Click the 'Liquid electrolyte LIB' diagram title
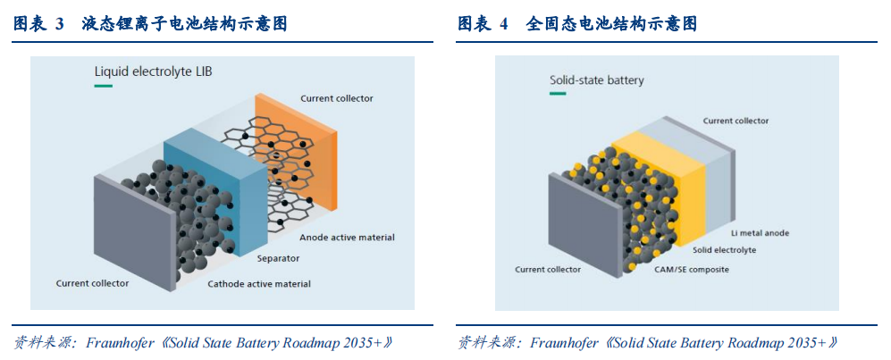pyautogui.click(x=153, y=72)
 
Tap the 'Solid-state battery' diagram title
pyautogui.click(x=597, y=80)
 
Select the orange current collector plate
pyautogui.click(x=296, y=151)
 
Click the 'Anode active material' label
pyautogui.click(x=347, y=237)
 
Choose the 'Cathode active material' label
pyautogui.click(x=259, y=283)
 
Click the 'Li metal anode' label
pyautogui.click(x=760, y=233)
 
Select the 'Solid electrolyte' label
pyautogui.click(x=724, y=250)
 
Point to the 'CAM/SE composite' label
pyautogui.click(x=692, y=269)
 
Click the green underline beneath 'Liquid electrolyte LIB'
pyautogui.click(x=103, y=86)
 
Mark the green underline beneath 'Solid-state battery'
pyautogui.click(x=559, y=93)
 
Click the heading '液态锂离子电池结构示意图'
pyautogui.click(x=185, y=24)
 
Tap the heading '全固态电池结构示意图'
pyautogui.click(x=611, y=24)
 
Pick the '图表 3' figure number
pyautogui.click(x=38, y=24)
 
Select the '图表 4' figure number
pyautogui.click(x=483, y=24)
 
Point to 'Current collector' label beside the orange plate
pyautogui.click(x=337, y=98)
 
